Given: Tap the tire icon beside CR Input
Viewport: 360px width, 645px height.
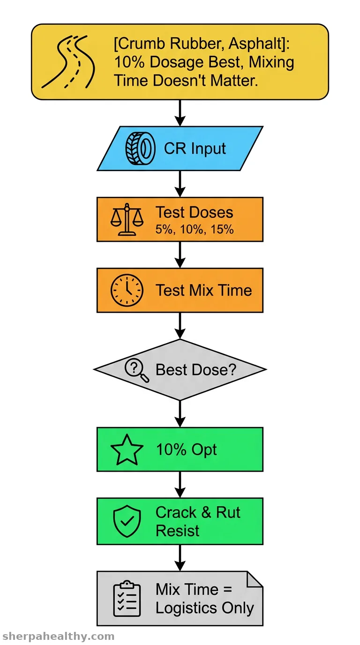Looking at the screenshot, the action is (x=140, y=148).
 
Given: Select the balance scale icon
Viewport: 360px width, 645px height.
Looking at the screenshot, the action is (x=127, y=219).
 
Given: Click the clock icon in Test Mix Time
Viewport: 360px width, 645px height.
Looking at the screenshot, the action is (x=127, y=290).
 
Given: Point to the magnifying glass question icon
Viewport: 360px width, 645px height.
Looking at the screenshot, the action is (x=136, y=371).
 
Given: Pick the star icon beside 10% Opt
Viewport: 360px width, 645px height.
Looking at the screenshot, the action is (x=127, y=450).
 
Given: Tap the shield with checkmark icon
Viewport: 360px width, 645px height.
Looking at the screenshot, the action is (x=127, y=521).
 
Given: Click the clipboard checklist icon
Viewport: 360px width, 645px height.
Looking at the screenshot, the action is (x=127, y=599).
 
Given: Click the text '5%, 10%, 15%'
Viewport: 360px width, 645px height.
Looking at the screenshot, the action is (x=195, y=230).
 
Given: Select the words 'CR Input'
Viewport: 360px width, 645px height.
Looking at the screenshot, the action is (x=195, y=149).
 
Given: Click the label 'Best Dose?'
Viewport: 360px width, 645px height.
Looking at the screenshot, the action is (x=196, y=370).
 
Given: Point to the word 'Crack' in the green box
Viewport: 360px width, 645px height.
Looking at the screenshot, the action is (x=176, y=512).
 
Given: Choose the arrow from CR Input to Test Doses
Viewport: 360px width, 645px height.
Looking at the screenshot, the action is (x=180, y=184).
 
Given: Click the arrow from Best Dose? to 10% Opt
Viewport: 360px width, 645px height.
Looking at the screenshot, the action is (x=180, y=414).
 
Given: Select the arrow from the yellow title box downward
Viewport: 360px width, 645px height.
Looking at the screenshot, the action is (x=180, y=113).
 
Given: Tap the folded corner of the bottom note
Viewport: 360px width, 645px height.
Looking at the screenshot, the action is (x=255, y=579).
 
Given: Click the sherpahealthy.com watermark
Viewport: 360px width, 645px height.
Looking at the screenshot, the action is (x=59, y=636).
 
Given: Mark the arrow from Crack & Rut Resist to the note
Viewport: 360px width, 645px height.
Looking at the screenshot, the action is (x=180, y=558).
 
